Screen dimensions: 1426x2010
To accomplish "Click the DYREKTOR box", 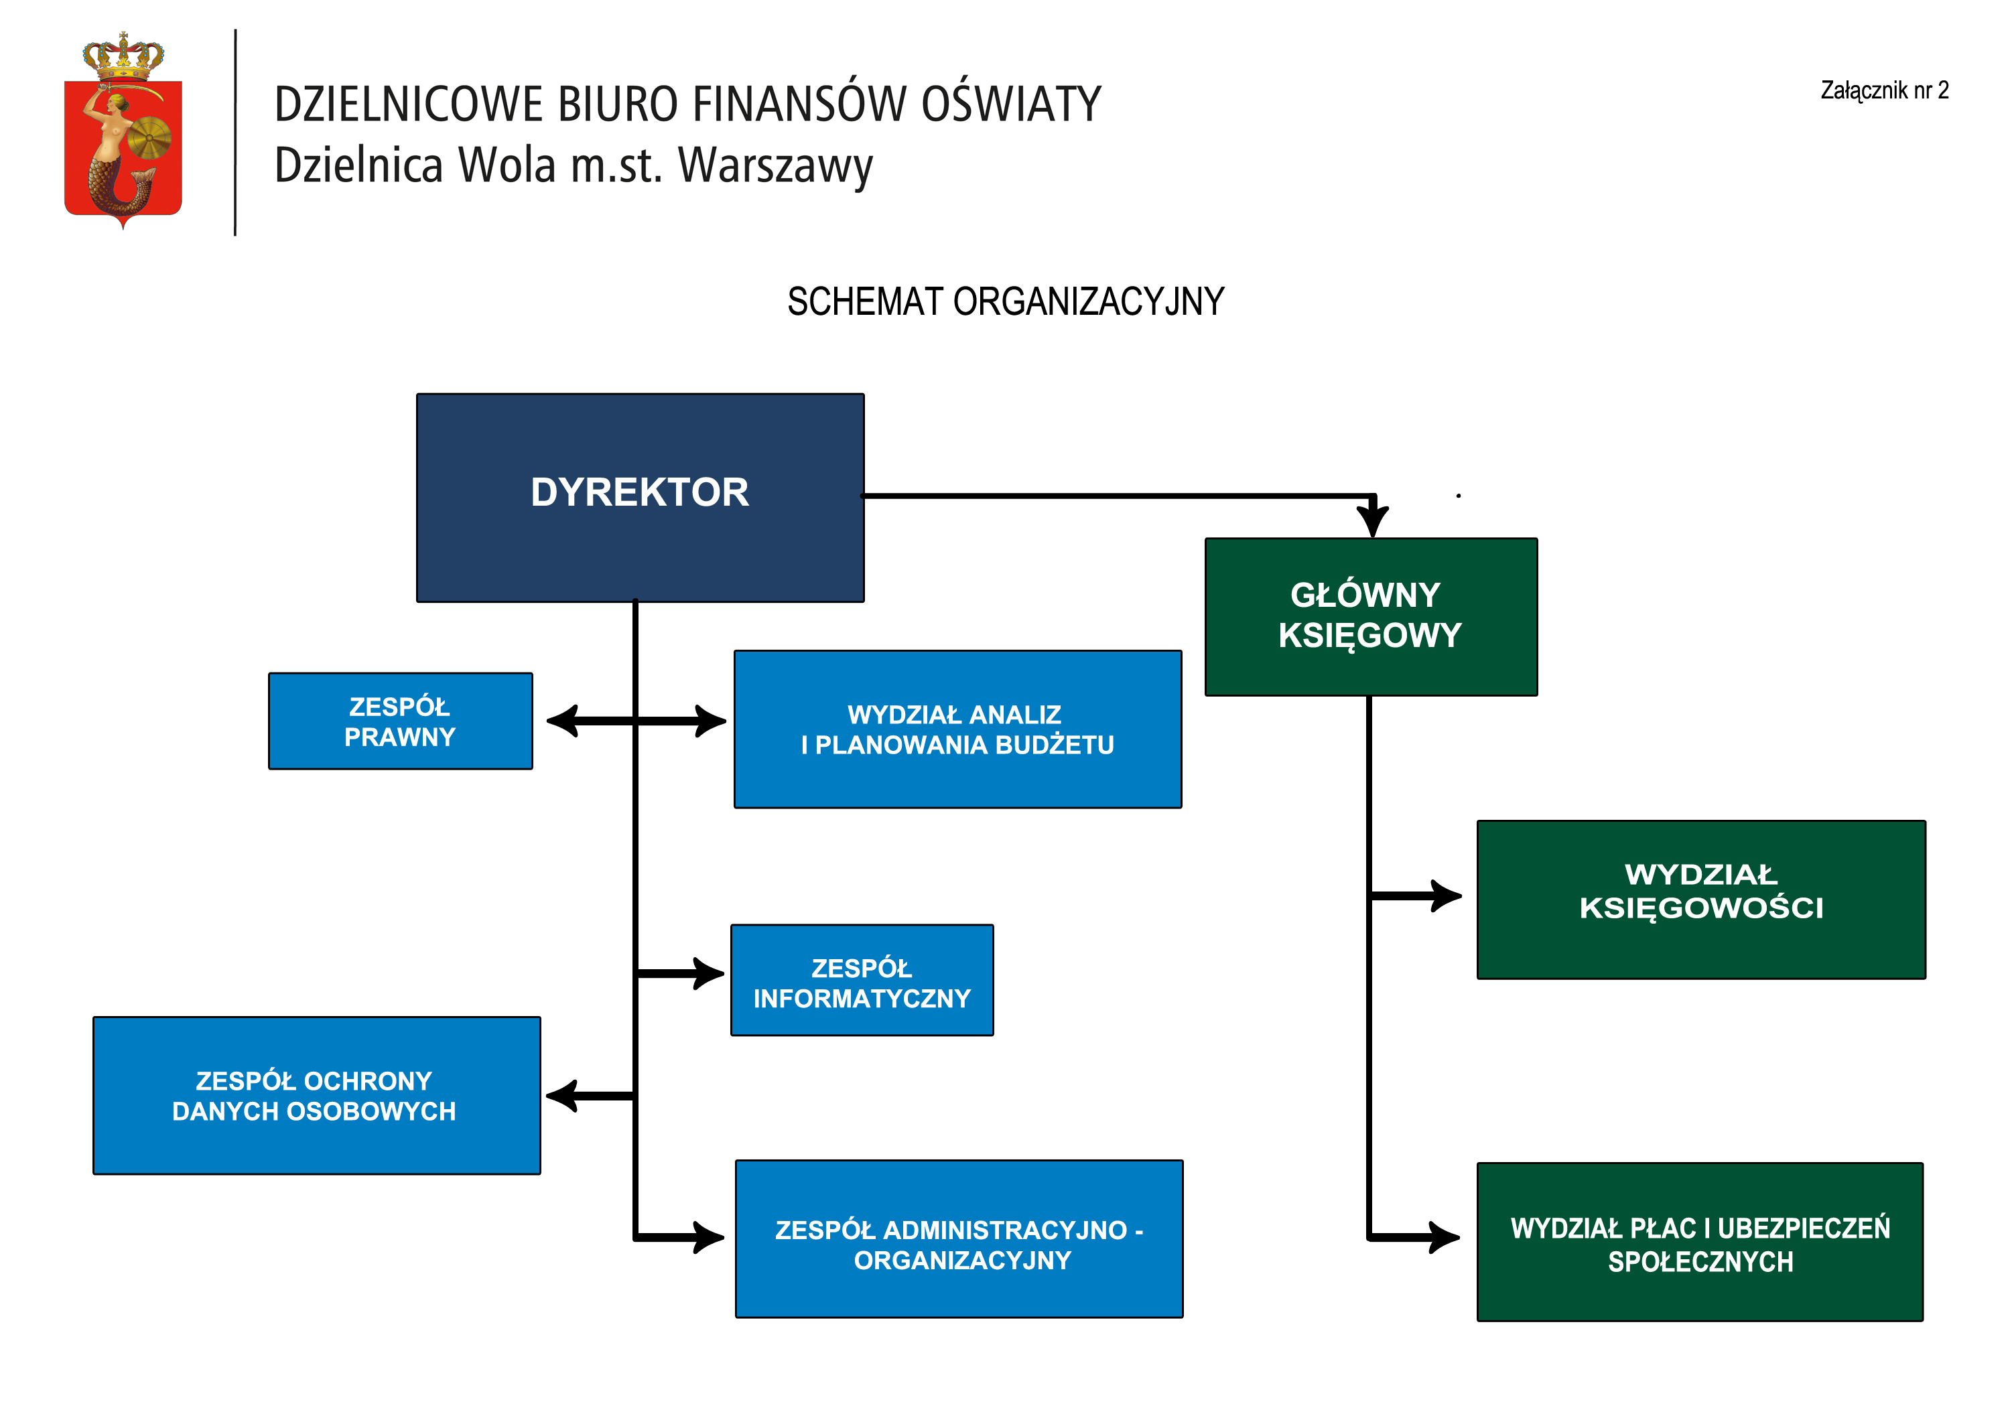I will tap(640, 497).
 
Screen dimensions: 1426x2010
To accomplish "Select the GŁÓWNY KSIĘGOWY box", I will tap(1370, 616).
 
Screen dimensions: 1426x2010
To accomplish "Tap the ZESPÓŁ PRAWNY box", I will tap(401, 721).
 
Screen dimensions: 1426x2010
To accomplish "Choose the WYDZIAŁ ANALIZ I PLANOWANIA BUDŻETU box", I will tap(957, 729).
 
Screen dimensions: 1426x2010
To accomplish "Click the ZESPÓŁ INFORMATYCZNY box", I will tap(862, 980).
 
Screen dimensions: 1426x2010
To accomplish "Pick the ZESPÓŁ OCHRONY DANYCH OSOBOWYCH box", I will tap(316, 1095).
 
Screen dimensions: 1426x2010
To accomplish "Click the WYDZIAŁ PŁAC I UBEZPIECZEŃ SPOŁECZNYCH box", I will tap(1699, 1242).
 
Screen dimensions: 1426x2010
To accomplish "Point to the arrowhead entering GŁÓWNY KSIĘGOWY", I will tap(1372, 520).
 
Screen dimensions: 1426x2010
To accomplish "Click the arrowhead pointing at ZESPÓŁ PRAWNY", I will tap(562, 721).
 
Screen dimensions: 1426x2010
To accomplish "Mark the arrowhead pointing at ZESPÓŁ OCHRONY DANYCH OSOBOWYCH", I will tap(562, 1095).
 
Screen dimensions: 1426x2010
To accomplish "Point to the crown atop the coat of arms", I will tap(123, 56).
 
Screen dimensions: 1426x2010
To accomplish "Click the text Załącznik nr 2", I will tap(1883, 90).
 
